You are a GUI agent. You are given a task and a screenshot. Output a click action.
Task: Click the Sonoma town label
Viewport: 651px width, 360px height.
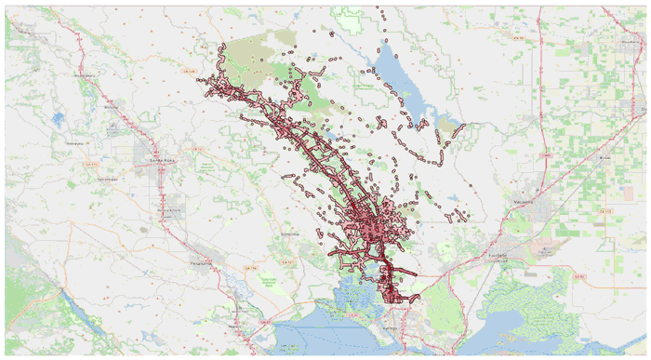point(290,233)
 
